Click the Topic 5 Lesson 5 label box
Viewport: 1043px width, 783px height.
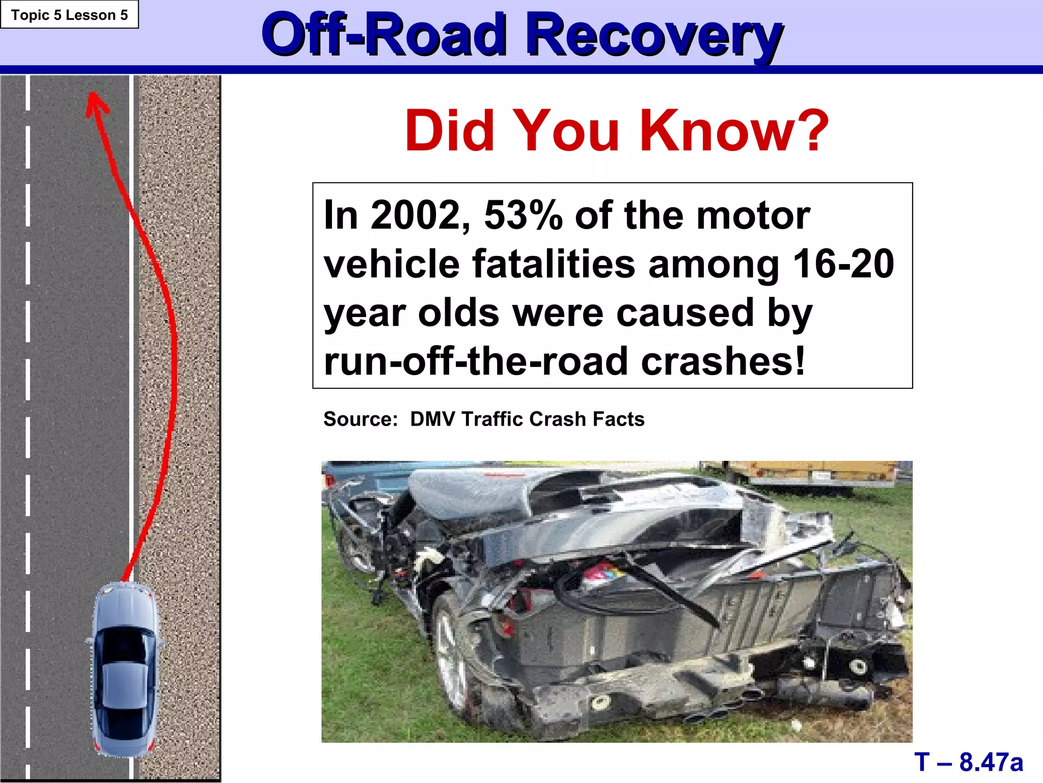click(x=69, y=15)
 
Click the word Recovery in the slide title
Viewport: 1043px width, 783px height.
click(x=654, y=36)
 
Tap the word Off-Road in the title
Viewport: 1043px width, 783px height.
click(x=385, y=36)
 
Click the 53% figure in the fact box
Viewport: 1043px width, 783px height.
click(x=523, y=216)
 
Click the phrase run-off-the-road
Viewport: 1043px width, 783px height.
click(x=476, y=361)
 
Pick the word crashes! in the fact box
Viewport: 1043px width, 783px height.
click(x=723, y=361)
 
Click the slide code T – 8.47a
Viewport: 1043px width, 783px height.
click(x=968, y=762)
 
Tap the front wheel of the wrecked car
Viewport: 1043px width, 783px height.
click(x=451, y=658)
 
